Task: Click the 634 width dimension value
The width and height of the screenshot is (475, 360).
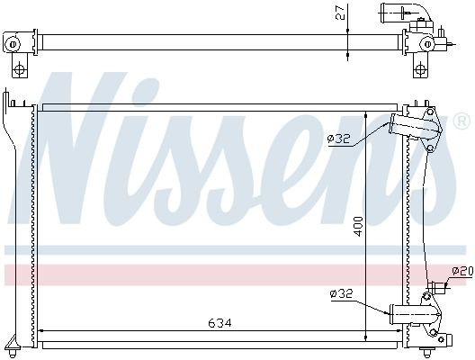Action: pyautogui.click(x=220, y=323)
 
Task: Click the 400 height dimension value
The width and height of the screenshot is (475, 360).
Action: pyautogui.click(x=358, y=227)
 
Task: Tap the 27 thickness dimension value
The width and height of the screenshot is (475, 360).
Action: pyautogui.click(x=340, y=12)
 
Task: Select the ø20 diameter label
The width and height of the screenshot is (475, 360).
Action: pyautogui.click(x=462, y=271)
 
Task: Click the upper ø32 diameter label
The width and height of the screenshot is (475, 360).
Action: pyautogui.click(x=338, y=139)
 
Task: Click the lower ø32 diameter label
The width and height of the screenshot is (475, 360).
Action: pyautogui.click(x=342, y=293)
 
